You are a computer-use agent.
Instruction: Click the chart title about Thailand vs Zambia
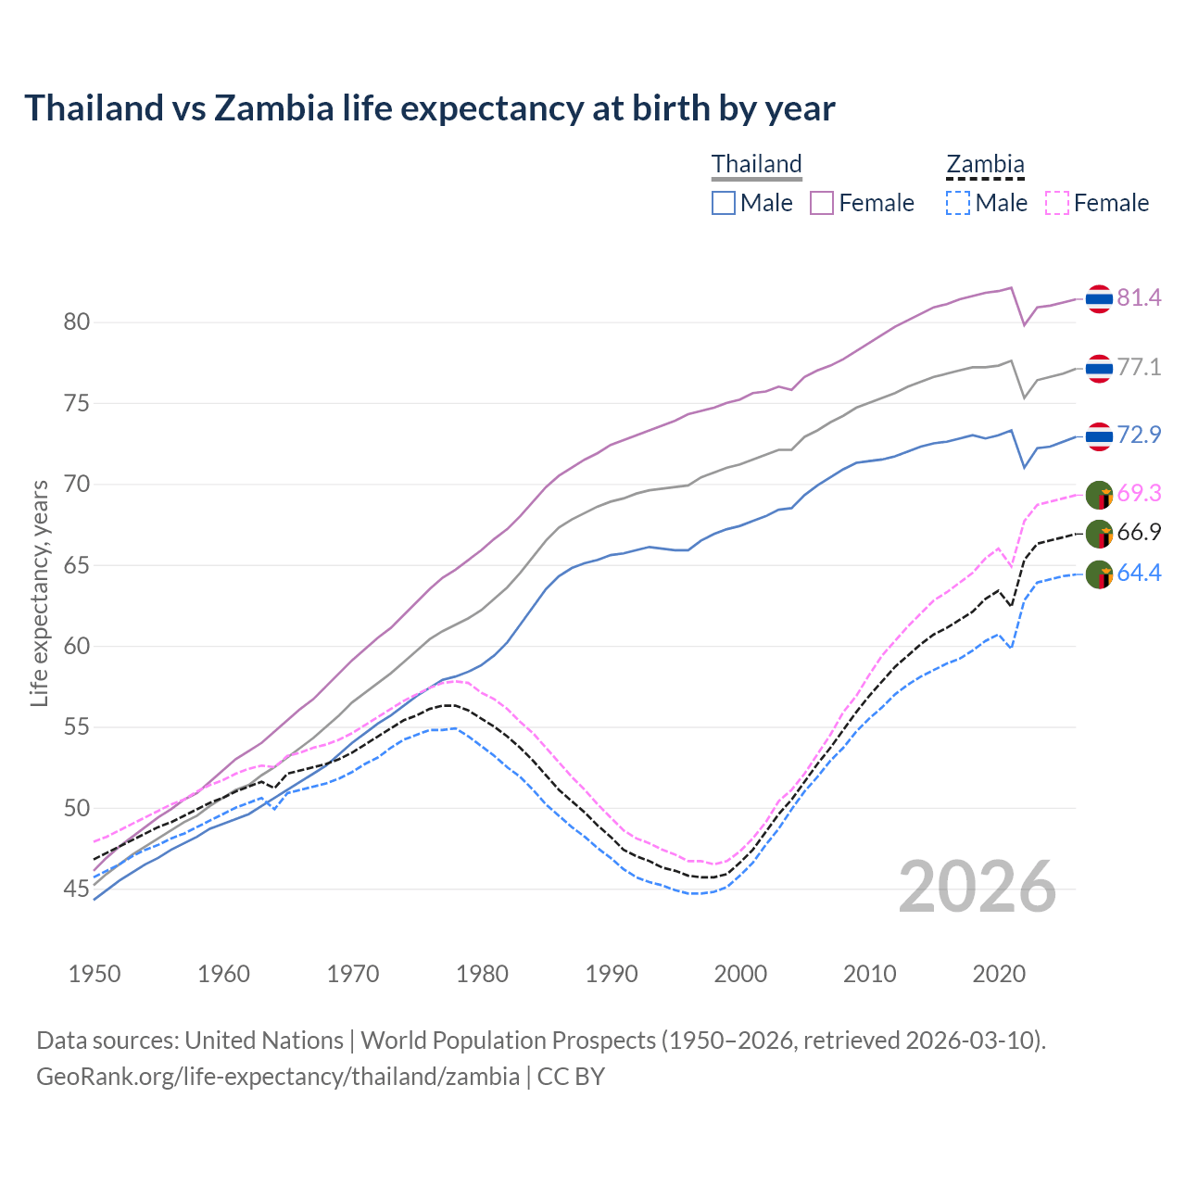430,108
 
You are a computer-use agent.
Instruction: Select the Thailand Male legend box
724,203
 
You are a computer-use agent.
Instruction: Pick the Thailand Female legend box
823,203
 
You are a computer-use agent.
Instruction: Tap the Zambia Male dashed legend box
958,203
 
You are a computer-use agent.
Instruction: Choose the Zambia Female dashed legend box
1057,203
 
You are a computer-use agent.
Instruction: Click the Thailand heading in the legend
756,164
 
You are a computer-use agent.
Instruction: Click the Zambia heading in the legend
985,164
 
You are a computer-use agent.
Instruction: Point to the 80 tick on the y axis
77,322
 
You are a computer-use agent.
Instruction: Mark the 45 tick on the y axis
77,889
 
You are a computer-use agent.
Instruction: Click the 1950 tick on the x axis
95,974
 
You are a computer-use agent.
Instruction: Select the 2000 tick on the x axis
740,974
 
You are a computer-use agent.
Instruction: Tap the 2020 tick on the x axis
999,974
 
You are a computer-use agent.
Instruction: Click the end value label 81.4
1139,297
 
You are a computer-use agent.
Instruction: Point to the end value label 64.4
1139,574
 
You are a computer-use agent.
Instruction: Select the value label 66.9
1139,533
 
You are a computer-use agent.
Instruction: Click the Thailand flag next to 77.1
1099,368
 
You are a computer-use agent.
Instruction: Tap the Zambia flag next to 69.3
1099,495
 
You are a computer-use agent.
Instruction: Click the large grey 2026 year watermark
978,887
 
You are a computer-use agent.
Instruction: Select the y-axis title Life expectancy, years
40,593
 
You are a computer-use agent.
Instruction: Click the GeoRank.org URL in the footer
278,1077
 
